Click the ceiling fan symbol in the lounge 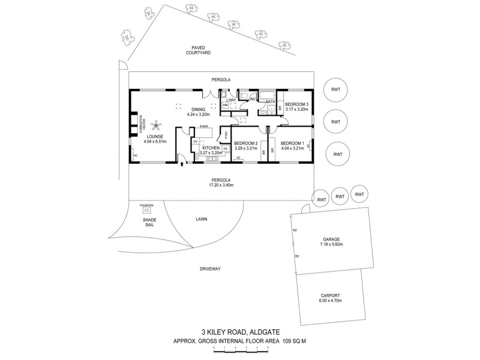pos(157,125)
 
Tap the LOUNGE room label pos(155,136)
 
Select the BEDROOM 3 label pos(296,104)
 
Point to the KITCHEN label pos(210,148)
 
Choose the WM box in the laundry pos(225,106)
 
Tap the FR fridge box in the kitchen pos(225,148)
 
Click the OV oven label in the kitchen pos(195,142)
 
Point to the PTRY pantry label pos(226,134)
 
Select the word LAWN pos(201,219)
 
